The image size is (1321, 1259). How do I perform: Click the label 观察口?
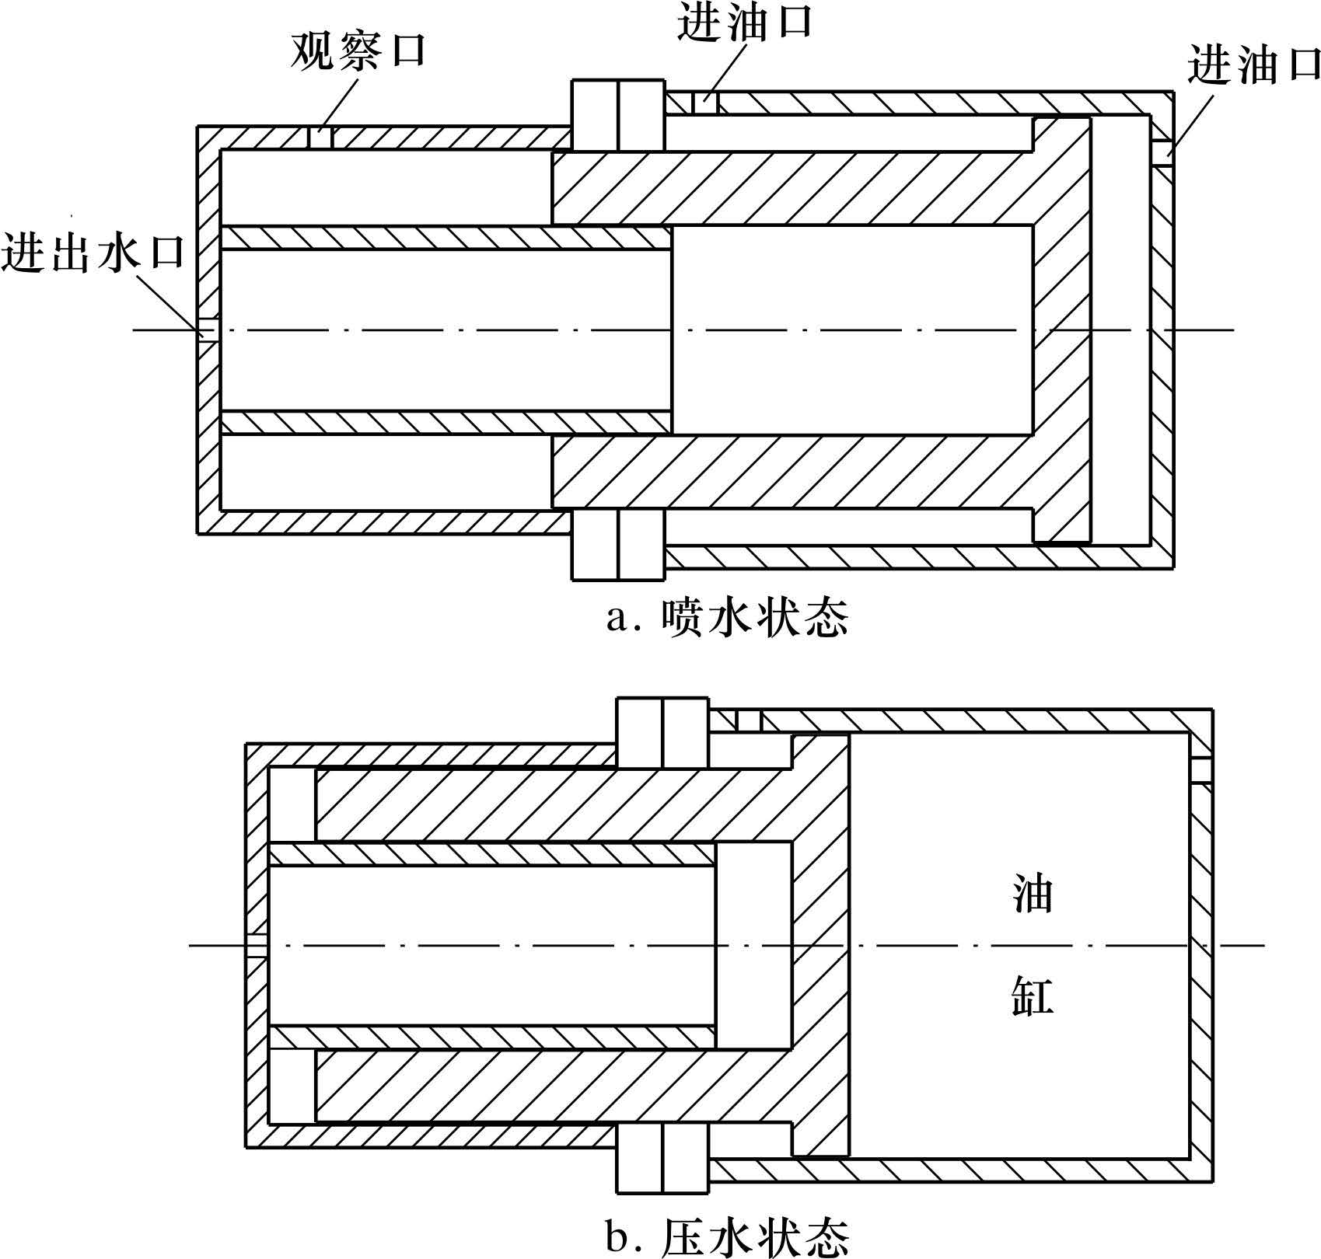pos(358,51)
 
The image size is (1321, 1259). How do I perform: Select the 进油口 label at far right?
pos(1253,65)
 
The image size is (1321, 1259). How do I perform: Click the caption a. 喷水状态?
pos(727,619)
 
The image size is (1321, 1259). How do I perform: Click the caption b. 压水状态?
pos(727,1237)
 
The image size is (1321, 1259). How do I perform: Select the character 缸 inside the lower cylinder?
pos(1033,996)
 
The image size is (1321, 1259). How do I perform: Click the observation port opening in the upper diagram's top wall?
pos(321,138)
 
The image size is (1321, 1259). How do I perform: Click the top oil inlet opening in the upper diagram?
pos(707,103)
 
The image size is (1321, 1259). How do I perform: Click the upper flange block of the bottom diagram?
pos(662,733)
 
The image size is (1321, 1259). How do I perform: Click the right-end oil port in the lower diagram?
pos(1201,769)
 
